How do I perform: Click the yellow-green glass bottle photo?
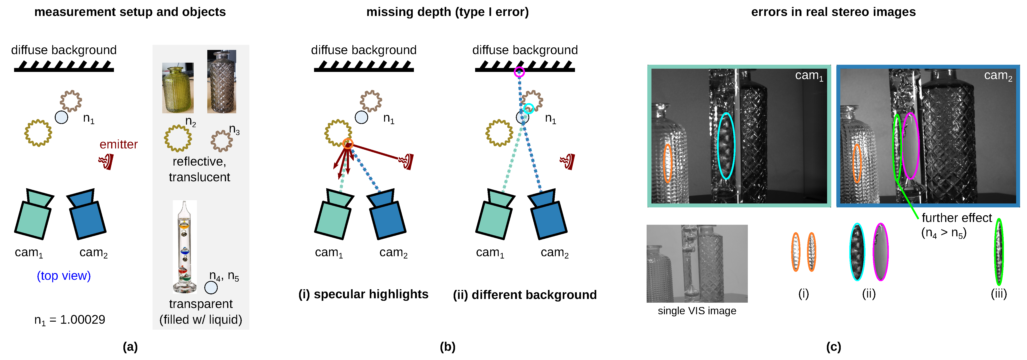pos(178,88)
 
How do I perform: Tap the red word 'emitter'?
pos(118,144)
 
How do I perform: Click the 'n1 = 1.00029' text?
pos(70,320)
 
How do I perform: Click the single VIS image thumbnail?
pos(697,264)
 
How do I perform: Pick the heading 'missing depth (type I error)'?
pos(447,12)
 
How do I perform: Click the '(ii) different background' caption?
pos(525,295)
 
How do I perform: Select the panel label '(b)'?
pos(447,347)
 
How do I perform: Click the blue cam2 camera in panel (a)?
pos(86,214)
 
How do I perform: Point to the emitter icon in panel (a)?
pos(107,161)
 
